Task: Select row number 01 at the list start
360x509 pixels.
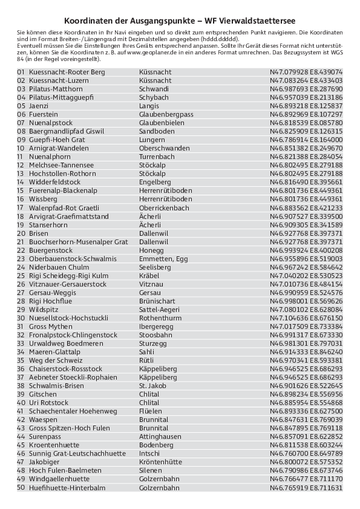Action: click(21, 72)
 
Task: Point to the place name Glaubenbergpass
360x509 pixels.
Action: click(166, 114)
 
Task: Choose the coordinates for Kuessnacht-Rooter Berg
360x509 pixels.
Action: click(306, 72)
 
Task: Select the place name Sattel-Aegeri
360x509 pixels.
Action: click(159, 309)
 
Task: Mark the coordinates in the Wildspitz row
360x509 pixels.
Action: click(306, 309)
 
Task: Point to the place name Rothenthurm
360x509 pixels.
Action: click(160, 317)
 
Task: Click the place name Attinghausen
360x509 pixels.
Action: click(160, 436)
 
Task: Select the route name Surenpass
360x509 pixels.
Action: click(45, 436)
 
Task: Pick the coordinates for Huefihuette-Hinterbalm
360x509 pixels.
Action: click(306, 487)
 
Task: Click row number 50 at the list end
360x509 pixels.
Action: click(21, 487)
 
